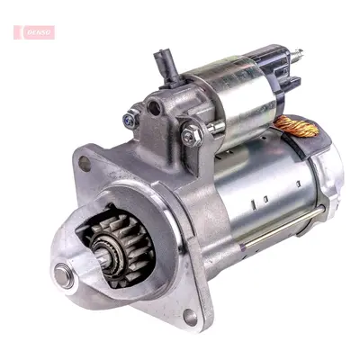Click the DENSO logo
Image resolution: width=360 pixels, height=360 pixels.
(34, 32)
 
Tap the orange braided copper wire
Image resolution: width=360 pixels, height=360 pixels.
(296, 126)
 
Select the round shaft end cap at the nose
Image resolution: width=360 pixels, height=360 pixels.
(63, 275)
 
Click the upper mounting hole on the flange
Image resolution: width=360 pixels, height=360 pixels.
(85, 164)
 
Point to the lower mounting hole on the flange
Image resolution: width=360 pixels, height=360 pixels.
(190, 317)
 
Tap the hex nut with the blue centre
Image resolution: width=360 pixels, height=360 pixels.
(130, 119)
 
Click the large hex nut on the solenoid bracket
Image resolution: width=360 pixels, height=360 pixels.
(192, 136)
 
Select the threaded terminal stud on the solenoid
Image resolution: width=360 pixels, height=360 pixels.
(296, 56)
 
